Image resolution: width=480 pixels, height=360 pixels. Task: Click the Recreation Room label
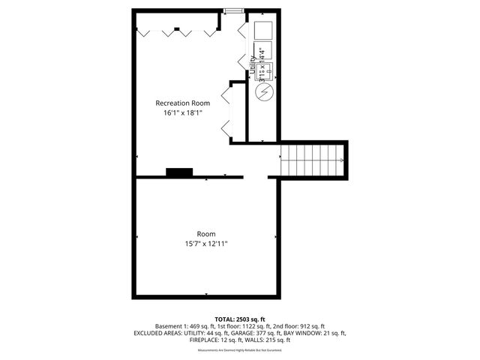click(182, 103)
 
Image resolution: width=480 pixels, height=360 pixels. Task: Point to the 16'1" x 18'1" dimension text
click(182, 112)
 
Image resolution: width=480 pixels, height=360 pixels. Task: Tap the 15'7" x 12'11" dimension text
click(206, 243)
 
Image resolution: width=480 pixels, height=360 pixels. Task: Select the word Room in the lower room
click(206, 233)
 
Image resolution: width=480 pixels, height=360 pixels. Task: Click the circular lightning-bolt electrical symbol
click(264, 92)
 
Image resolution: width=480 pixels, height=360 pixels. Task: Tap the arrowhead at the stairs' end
click(343, 160)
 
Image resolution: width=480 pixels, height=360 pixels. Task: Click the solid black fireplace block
click(179, 173)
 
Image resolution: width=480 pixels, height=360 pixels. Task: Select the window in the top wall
click(233, 10)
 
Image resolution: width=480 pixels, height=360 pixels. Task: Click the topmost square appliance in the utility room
click(263, 30)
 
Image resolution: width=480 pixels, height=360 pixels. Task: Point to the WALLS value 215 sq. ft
click(280, 340)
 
